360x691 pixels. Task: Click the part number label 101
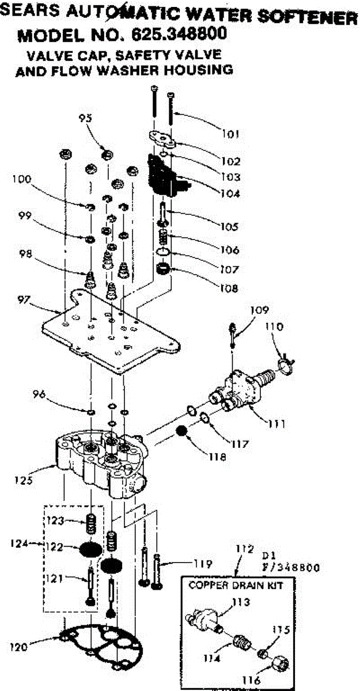point(231,134)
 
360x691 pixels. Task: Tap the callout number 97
point(24,299)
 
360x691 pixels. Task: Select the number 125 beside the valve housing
point(24,480)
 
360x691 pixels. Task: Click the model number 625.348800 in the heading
point(179,34)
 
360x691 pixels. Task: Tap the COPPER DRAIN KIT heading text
point(236,585)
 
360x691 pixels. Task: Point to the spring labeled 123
point(90,523)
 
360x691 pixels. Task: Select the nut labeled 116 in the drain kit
point(281,663)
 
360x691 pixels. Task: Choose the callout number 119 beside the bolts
point(203,564)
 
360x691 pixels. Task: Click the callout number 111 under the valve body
point(276,424)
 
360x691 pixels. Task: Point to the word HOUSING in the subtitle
point(198,70)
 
